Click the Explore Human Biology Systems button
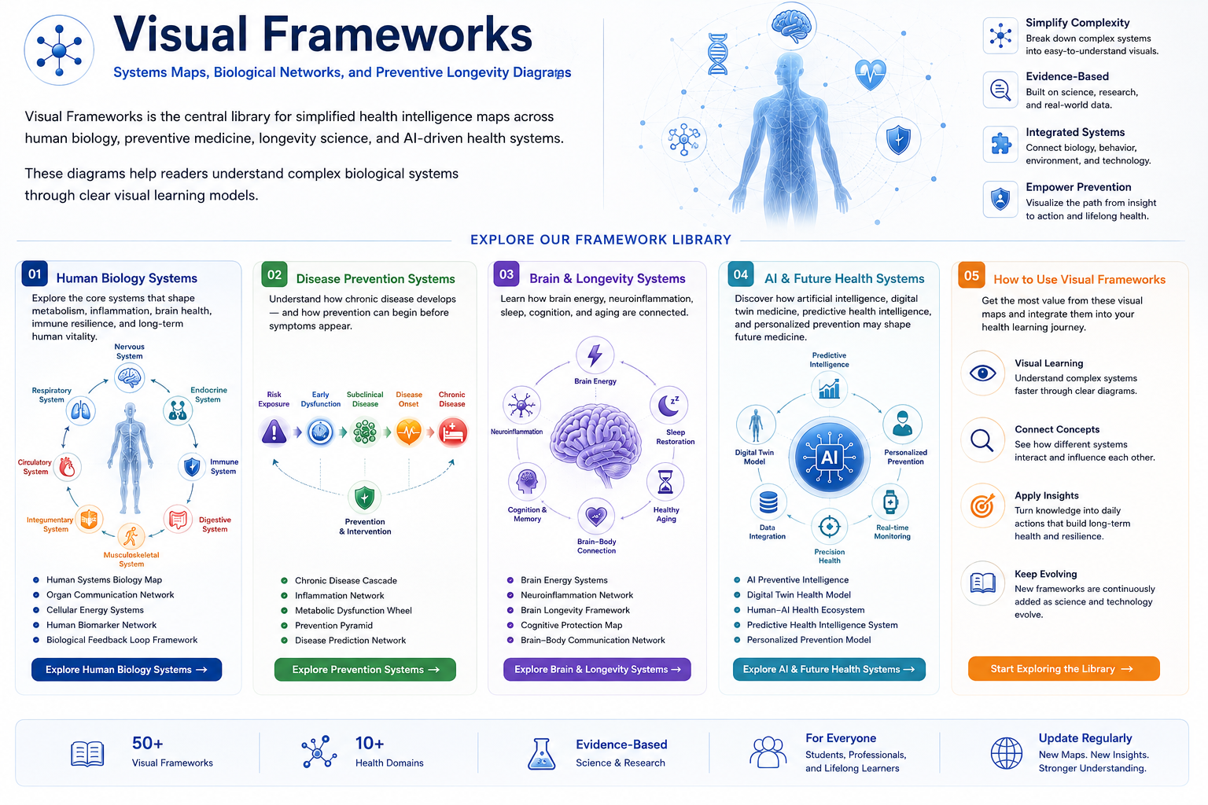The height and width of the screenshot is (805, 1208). tap(126, 669)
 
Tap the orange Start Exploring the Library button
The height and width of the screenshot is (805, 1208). tap(1063, 668)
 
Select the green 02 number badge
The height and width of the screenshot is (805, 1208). tap(274, 275)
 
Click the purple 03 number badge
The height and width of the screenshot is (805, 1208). tap(506, 274)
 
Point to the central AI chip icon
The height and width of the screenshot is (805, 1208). tap(830, 458)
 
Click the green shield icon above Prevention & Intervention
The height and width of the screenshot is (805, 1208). tap(365, 497)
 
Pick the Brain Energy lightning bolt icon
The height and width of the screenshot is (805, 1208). tap(595, 355)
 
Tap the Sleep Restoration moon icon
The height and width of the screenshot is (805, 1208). tap(669, 405)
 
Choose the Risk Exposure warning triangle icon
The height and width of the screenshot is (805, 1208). tap(274, 432)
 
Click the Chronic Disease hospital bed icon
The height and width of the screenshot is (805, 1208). tap(452, 432)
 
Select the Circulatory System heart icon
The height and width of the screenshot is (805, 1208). tap(67, 467)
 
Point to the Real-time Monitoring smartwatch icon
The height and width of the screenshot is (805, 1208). tap(890, 502)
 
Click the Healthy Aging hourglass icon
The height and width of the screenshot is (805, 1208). tap(665, 481)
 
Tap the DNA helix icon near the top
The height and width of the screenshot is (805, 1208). tap(718, 54)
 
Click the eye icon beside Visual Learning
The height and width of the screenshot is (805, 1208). tap(982, 373)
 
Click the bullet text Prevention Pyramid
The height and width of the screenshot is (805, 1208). tap(333, 626)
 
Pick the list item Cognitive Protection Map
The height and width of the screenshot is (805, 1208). tap(571, 625)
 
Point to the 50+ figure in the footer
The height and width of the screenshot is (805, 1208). tap(147, 743)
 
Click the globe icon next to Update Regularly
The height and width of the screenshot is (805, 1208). tap(1007, 752)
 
